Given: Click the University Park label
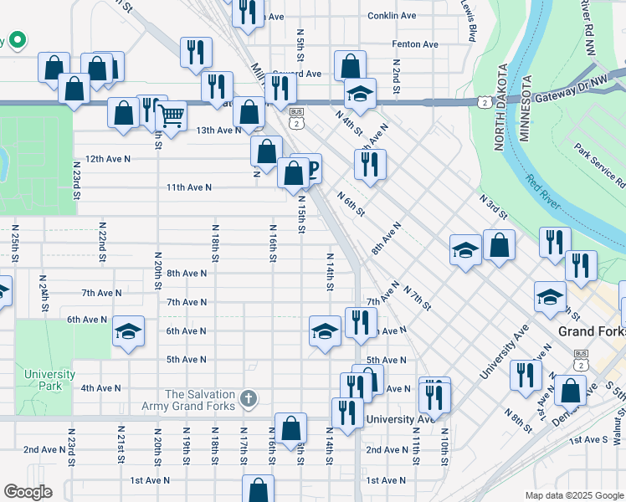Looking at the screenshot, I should click(x=49, y=381).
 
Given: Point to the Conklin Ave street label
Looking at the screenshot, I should click(x=393, y=16).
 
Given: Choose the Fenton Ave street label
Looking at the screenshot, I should click(x=415, y=44).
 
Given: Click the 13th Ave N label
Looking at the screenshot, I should click(x=218, y=130).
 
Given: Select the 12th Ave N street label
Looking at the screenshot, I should click(x=108, y=159).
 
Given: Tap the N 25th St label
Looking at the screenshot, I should click(x=15, y=243).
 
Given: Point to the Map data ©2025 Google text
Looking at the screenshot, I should click(x=573, y=495).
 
